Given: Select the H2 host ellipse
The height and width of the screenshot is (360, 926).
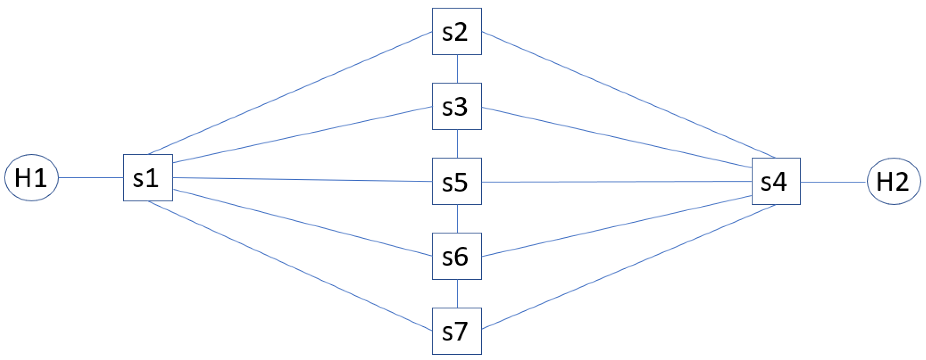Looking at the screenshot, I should pyautogui.click(x=894, y=181).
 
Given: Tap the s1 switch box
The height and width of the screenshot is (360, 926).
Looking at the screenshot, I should pyautogui.click(x=148, y=178).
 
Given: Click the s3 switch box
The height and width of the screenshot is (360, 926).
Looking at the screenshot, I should pyautogui.click(x=457, y=106).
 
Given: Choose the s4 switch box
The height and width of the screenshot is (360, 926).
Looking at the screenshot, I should pyautogui.click(x=776, y=181).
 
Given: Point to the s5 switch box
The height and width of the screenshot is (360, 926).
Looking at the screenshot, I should pyautogui.click(x=457, y=181).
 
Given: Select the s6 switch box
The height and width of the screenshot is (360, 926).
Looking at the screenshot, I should pyautogui.click(x=457, y=256).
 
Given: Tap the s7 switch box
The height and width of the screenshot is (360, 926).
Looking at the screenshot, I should pyautogui.click(x=457, y=331).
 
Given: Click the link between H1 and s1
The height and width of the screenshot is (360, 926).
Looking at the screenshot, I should pyautogui.click(x=91, y=178).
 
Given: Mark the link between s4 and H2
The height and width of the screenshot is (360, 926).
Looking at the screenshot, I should pyautogui.click(x=833, y=182).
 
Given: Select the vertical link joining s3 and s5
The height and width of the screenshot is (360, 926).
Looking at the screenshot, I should pyautogui.click(x=457, y=144).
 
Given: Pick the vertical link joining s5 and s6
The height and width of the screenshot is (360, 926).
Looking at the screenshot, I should pyautogui.click(x=457, y=219).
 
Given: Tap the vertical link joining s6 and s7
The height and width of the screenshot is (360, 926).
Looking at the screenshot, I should pyautogui.click(x=457, y=294).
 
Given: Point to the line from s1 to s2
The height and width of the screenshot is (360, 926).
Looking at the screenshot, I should pyautogui.click(x=290, y=93).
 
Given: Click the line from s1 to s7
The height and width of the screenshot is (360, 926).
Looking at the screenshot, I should pyautogui.click(x=290, y=266).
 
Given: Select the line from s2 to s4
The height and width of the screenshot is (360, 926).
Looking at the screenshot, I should pyautogui.click(x=628, y=94).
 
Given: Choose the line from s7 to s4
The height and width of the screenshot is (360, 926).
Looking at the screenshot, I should pyautogui.click(x=628, y=267).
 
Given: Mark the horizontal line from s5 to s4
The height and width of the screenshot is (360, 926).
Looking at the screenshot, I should pyautogui.click(x=617, y=182).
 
